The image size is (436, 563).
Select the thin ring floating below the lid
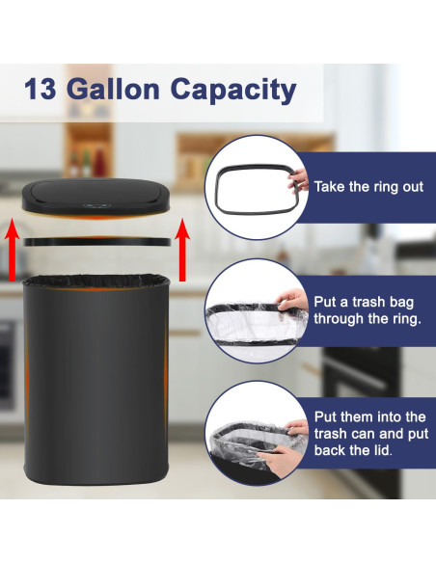(x=96, y=241)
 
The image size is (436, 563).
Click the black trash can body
(x=95, y=386)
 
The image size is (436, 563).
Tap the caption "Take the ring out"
(x=368, y=186)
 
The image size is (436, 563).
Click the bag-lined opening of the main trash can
(x=95, y=281)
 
